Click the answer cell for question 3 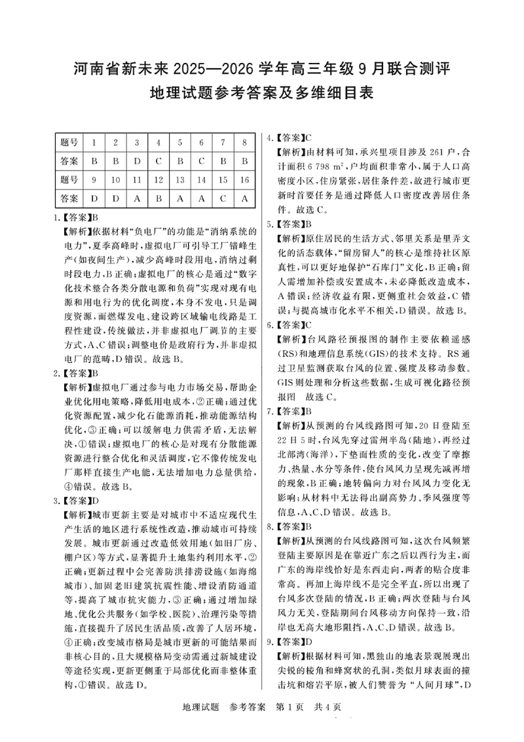(136, 160)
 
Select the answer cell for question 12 (158, 197)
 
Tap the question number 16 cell (244, 178)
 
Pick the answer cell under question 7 (223, 160)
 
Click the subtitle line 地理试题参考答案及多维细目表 (261, 93)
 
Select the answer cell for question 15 (223, 197)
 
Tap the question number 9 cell (94, 178)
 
